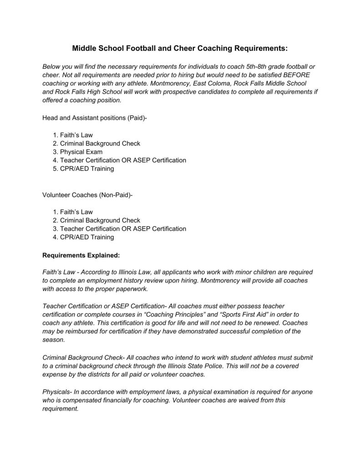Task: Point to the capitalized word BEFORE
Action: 296,75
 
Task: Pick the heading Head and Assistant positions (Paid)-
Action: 95,118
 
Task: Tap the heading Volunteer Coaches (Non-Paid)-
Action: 87,195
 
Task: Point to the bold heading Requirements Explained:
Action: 81,255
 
